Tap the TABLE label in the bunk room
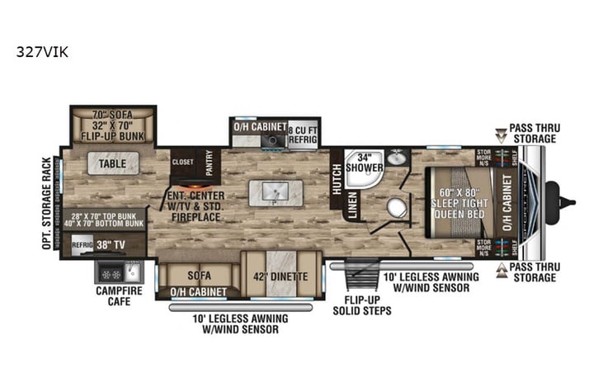[x=113, y=163]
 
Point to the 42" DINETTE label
[x=276, y=276]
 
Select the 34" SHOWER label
[x=363, y=162]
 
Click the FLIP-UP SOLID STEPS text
[x=361, y=305]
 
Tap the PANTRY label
[x=210, y=157]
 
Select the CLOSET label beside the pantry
[x=182, y=163]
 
